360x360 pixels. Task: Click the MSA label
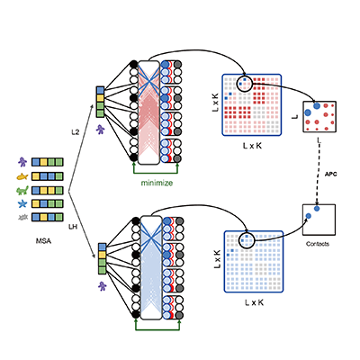43,240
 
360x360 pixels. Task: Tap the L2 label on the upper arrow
76,132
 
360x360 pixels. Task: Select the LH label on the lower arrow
73,227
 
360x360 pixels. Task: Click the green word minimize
157,183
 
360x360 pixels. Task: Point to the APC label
331,174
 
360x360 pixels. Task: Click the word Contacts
318,244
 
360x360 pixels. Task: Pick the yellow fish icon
22,176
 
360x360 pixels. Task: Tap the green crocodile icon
22,190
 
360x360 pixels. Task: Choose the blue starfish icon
22,204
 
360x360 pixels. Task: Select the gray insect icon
22,217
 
